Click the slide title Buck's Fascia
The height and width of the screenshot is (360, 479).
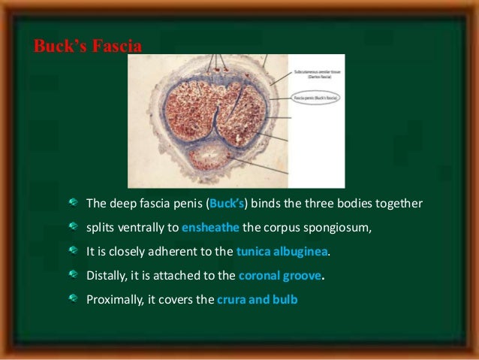click(87, 46)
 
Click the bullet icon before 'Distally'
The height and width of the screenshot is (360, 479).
click(73, 275)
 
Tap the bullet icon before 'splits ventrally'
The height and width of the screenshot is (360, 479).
click(73, 227)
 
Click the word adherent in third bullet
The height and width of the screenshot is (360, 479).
click(174, 252)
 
